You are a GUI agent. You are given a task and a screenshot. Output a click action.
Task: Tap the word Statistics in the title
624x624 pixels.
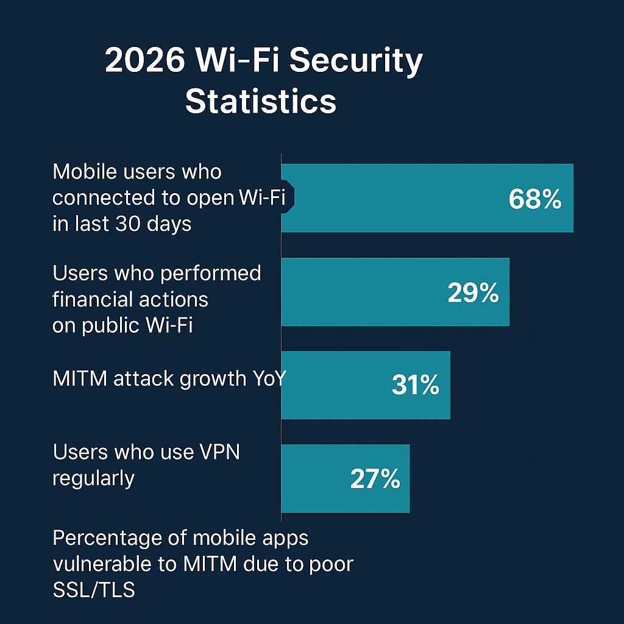coord(261,101)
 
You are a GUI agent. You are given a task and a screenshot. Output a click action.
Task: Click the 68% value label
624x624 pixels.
coord(534,200)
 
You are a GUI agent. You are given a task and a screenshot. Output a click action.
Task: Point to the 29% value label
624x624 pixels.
coord(473,293)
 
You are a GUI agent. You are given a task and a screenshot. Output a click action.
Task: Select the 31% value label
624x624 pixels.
coord(415,386)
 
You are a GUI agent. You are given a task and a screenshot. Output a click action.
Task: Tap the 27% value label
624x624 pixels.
coord(375,479)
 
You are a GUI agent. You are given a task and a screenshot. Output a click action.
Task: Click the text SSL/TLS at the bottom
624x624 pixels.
coord(94,590)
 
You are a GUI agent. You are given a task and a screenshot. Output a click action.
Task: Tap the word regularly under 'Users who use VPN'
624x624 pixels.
coord(93,478)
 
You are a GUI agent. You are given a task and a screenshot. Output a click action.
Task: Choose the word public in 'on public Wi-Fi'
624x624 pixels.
coord(109,325)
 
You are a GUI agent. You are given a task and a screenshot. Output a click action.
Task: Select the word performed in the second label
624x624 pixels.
coord(210,274)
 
